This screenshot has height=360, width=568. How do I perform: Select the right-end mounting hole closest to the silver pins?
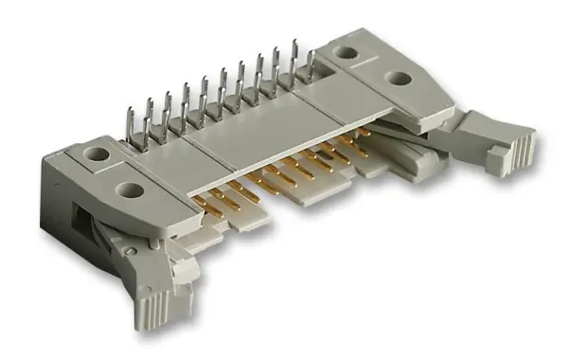point(348,56)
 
